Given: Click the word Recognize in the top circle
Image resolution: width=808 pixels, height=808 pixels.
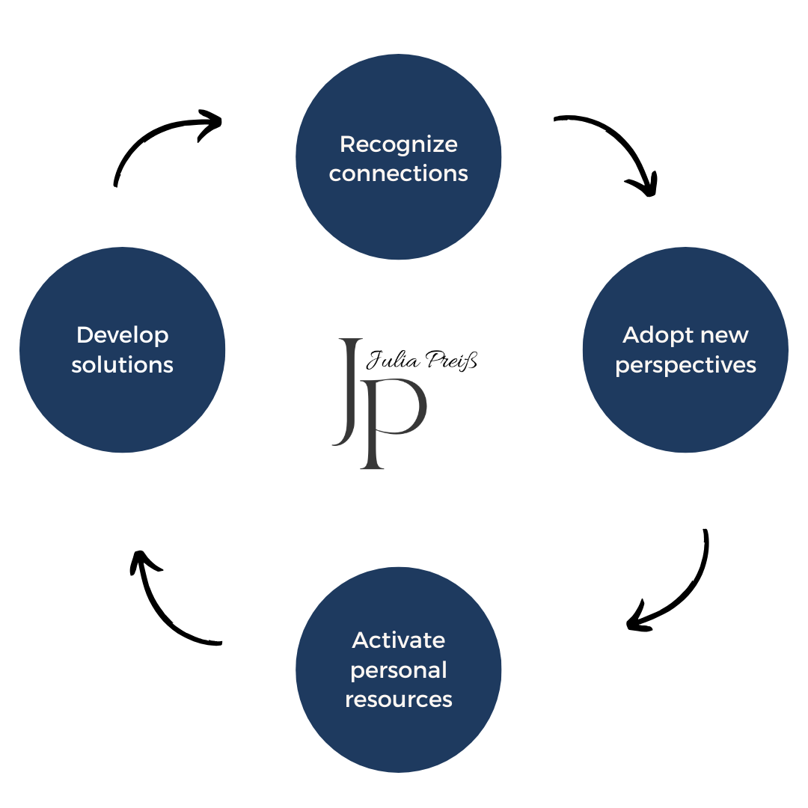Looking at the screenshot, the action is (x=398, y=145).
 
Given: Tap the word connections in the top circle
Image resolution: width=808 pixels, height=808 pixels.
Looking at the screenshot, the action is (x=398, y=174).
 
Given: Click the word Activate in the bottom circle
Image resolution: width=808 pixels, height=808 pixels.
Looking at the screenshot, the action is (x=398, y=640).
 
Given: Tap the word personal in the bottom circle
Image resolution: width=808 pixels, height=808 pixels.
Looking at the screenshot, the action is (x=398, y=671).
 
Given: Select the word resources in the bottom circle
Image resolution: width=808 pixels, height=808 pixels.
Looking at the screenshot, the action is (x=398, y=700).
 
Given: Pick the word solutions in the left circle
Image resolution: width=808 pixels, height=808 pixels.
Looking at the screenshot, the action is (x=122, y=365).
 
